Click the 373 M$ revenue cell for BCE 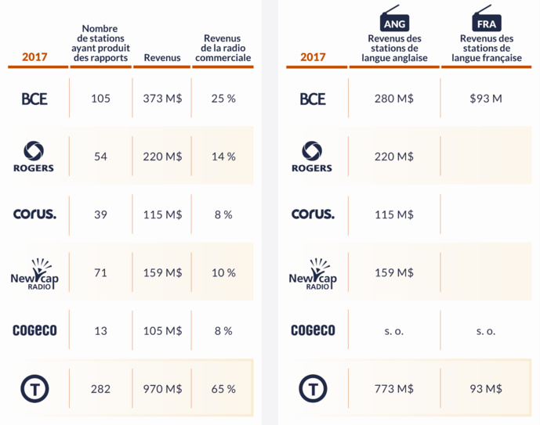(x=162, y=99)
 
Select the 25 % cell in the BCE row (x=223, y=99)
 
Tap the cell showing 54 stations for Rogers (x=100, y=157)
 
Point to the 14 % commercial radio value (x=223, y=157)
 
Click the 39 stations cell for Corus (x=100, y=214)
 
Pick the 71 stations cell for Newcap (x=100, y=272)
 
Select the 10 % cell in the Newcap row (x=223, y=272)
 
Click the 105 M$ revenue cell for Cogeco (x=162, y=330)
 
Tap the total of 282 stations (x=100, y=388)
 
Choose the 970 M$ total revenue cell (x=162, y=388)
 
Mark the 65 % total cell (x=223, y=388)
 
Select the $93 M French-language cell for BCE (x=486, y=99)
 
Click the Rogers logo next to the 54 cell (x=34, y=157)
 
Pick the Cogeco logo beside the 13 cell (x=34, y=330)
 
